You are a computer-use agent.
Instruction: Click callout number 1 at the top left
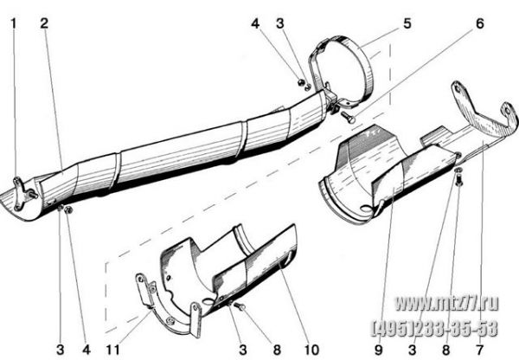point(13,23)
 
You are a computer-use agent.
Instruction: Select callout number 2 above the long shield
point(44,23)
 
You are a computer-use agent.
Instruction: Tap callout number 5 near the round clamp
point(407,23)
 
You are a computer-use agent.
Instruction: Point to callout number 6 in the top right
point(479,23)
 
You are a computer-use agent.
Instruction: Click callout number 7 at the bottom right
point(479,350)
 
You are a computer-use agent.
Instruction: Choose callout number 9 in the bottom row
point(378,350)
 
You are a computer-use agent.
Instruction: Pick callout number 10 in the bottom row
point(311,350)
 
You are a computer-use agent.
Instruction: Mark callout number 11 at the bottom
point(112,350)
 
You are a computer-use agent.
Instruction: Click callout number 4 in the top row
point(255,23)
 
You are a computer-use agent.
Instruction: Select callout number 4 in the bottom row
point(86,350)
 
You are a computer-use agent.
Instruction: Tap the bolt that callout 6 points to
point(347,117)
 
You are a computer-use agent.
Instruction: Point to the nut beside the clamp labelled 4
point(301,82)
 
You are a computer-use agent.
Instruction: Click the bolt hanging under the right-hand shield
point(458,180)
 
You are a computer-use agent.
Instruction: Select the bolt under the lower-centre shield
point(240,306)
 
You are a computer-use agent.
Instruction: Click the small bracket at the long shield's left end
point(18,194)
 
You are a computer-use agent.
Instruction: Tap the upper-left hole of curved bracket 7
point(457,87)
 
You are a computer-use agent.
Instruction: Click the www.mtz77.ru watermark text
point(447,303)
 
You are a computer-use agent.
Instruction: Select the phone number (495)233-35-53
point(435,328)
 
